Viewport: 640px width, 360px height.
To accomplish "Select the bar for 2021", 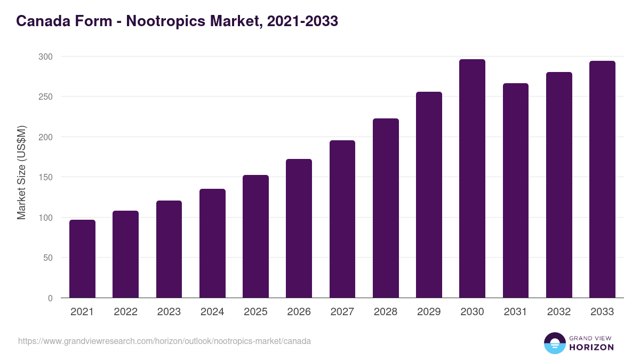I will (x=82, y=259).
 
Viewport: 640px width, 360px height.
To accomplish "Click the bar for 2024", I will (x=212, y=243).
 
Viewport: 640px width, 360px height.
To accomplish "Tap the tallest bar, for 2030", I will (x=472, y=179).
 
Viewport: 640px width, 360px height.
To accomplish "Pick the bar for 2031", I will (x=516, y=190).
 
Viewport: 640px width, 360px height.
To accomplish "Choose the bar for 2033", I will (x=602, y=179).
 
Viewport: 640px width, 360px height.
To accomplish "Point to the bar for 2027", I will (x=342, y=219).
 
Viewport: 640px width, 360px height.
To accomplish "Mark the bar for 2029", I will (x=429, y=195).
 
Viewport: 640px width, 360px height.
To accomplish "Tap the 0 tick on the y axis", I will (x=50, y=298).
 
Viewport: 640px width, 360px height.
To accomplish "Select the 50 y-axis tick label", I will (x=47, y=258).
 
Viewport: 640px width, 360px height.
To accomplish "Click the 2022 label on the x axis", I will (x=125, y=312).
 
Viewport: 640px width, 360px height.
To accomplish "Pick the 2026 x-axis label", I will (x=299, y=312).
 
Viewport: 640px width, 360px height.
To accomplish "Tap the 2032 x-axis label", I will (x=559, y=312).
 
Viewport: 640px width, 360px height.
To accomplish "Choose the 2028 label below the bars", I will (x=386, y=312).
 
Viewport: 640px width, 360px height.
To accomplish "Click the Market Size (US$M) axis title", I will (x=21, y=172).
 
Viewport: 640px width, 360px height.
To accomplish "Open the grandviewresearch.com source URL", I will (x=164, y=341).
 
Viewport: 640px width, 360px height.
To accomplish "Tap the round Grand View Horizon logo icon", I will (x=554, y=343).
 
